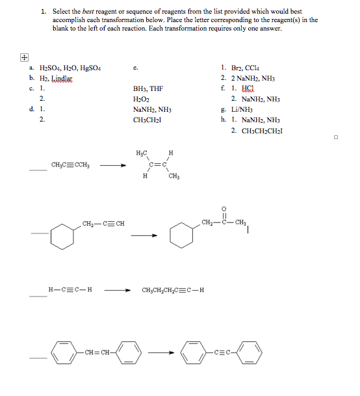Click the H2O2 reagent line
(x=140, y=98)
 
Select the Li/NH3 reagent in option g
(x=244, y=109)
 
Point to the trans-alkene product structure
(x=156, y=165)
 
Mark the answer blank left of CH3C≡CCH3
(x=38, y=170)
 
